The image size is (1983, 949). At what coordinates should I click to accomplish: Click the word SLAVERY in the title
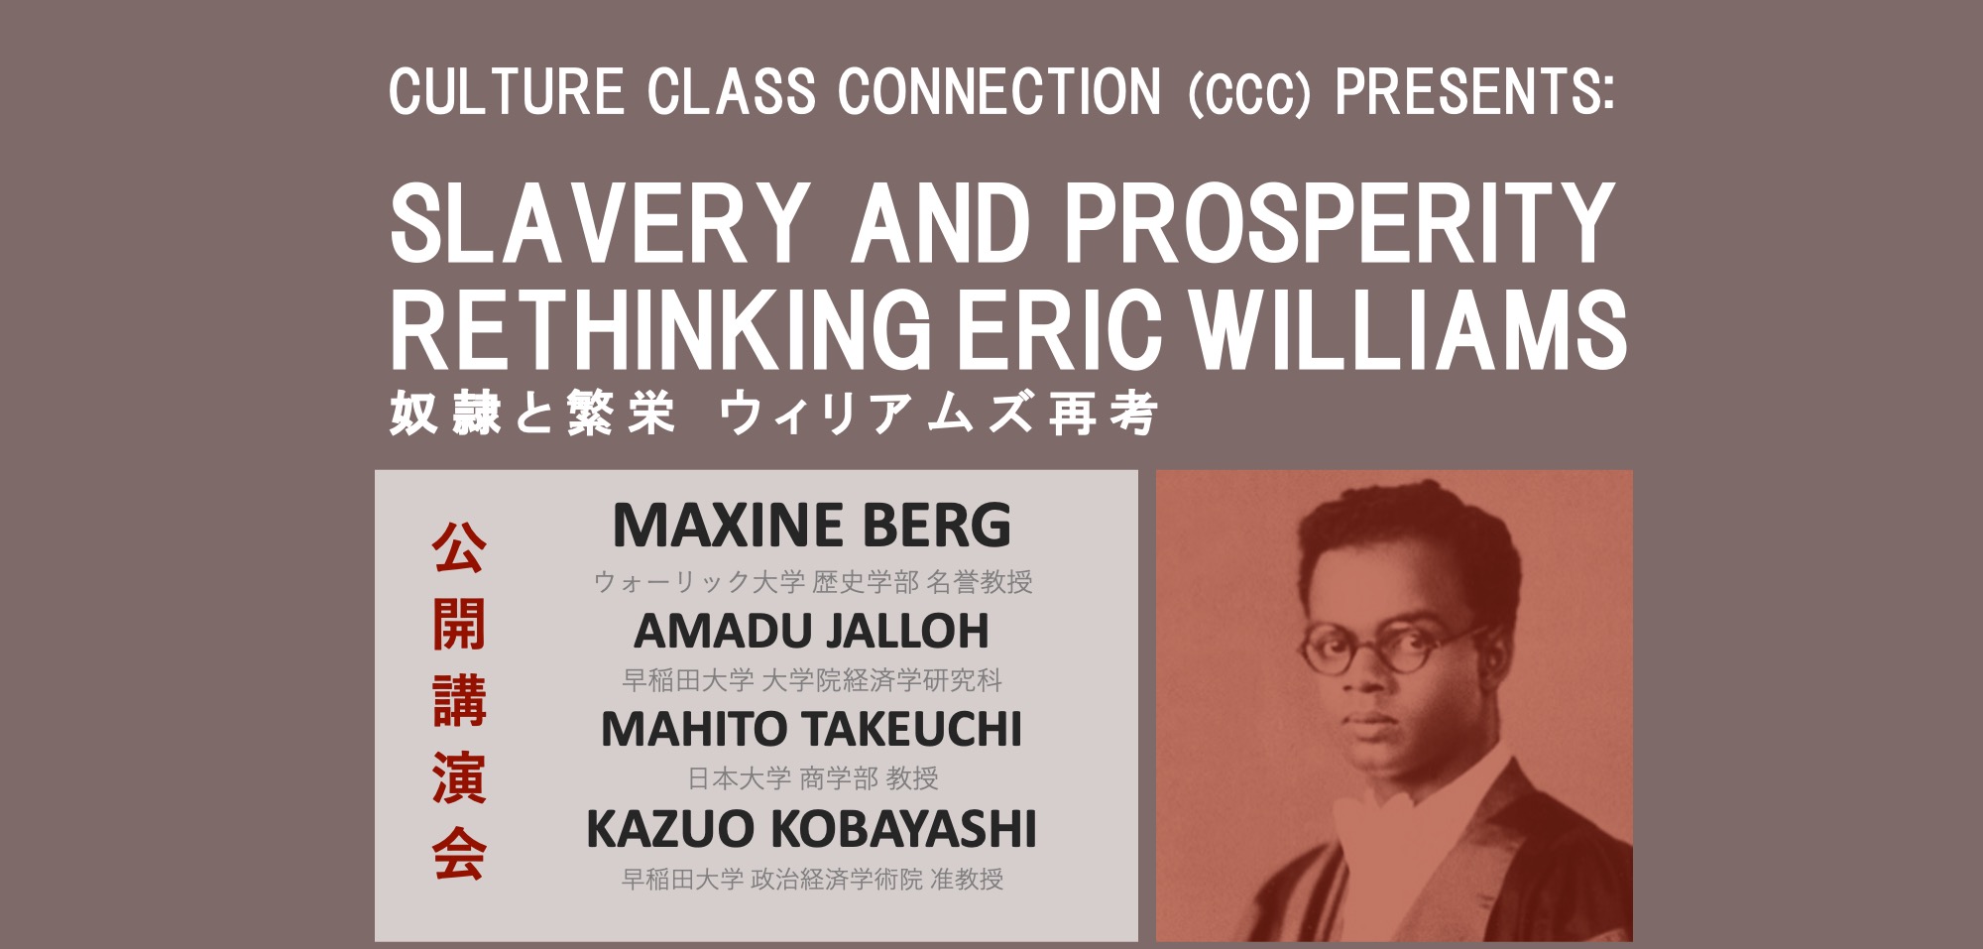pos(600,222)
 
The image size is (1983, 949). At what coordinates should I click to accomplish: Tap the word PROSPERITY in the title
pos(1340,222)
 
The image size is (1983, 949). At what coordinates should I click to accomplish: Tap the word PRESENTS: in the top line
pos(1475,92)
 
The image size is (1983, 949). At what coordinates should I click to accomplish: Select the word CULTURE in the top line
pos(507,92)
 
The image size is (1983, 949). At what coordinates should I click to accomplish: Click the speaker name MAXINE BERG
pos(812,525)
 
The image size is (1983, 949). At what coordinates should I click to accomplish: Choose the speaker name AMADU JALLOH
pos(812,631)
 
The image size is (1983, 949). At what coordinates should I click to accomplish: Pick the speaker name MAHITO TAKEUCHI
pos(812,730)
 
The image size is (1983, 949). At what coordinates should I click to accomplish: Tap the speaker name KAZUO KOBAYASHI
pos(812,829)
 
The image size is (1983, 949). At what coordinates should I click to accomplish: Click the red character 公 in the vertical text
pos(459,547)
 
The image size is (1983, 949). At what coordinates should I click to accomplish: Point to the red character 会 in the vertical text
pos(459,854)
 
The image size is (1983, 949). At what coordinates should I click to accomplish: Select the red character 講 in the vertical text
pos(459,700)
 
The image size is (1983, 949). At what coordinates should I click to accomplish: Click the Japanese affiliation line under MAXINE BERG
pos(813,582)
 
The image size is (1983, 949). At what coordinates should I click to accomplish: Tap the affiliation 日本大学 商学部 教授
pos(813,778)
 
